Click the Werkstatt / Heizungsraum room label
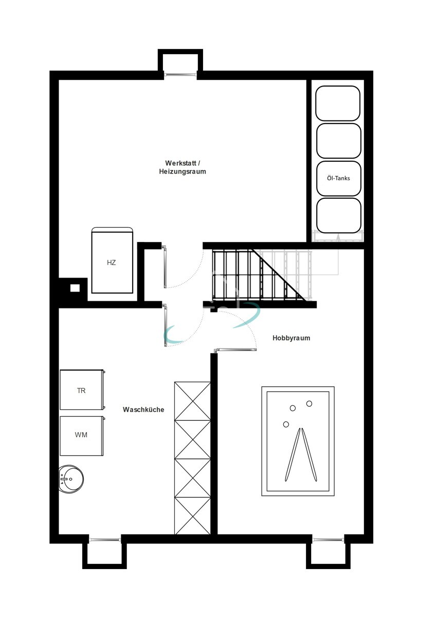pyautogui.click(x=182, y=167)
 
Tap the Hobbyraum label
pyautogui.click(x=291, y=338)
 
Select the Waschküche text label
pyautogui.click(x=143, y=410)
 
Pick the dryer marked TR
pyautogui.click(x=82, y=390)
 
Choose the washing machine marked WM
pyautogui.click(x=82, y=435)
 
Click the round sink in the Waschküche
pyautogui.click(x=71, y=479)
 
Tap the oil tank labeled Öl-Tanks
pyautogui.click(x=338, y=178)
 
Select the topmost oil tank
pyautogui.click(x=338, y=103)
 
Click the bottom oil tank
pyautogui.click(x=338, y=216)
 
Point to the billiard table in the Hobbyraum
pyautogui.click(x=298, y=441)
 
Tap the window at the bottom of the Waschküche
pyautogui.click(x=105, y=540)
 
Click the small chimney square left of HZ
pyautogui.click(x=75, y=288)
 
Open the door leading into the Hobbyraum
pyautogui.click(x=235, y=350)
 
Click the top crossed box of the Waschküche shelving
pyautogui.click(x=193, y=401)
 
